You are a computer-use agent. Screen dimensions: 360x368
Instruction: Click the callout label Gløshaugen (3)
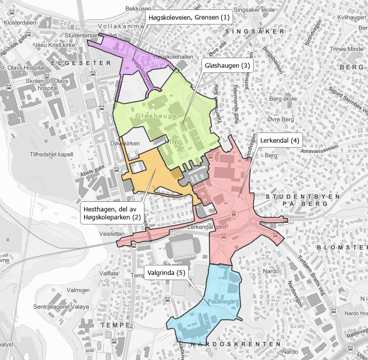tap(227, 66)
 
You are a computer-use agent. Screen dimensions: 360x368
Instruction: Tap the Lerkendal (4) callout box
tap(279, 140)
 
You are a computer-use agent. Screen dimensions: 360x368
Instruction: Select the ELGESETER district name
tap(80, 64)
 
